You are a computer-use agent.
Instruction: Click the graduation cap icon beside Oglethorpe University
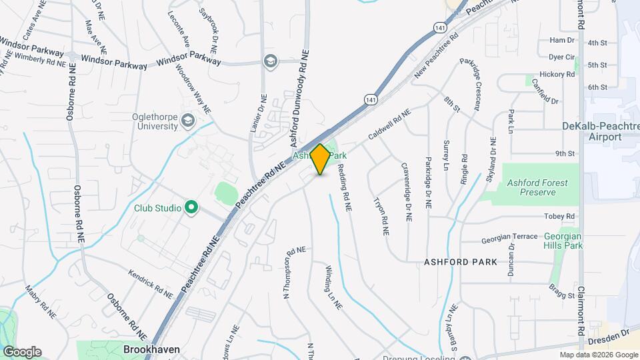click(x=188, y=120)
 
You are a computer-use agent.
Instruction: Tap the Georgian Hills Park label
click(x=563, y=241)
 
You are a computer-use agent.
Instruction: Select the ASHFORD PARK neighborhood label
click(x=461, y=262)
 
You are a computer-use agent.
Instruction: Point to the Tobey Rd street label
click(x=559, y=216)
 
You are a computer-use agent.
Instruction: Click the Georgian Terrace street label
click(x=509, y=237)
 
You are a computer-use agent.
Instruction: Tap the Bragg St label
click(x=562, y=295)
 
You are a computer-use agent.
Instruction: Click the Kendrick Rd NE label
click(x=151, y=281)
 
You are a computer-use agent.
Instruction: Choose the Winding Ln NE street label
click(x=333, y=287)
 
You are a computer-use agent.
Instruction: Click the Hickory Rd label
click(x=558, y=75)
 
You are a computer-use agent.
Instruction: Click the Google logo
click(x=22, y=352)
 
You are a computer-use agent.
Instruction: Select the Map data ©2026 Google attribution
click(x=599, y=355)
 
